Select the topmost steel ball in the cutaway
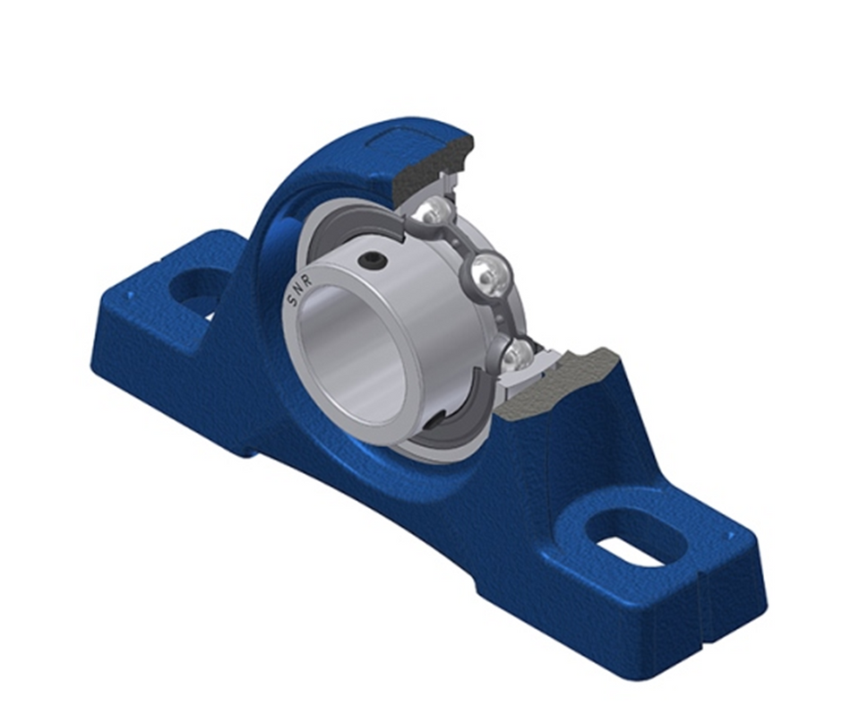436,213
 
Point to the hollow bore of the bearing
354,354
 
